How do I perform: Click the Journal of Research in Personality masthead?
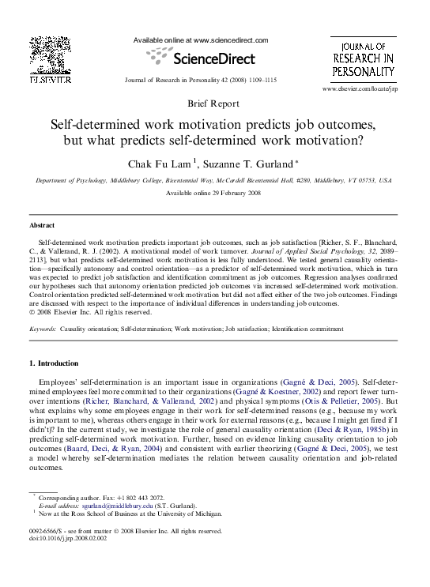(x=362, y=58)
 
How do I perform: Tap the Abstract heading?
(x=43, y=225)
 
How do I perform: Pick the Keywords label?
(x=43, y=327)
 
